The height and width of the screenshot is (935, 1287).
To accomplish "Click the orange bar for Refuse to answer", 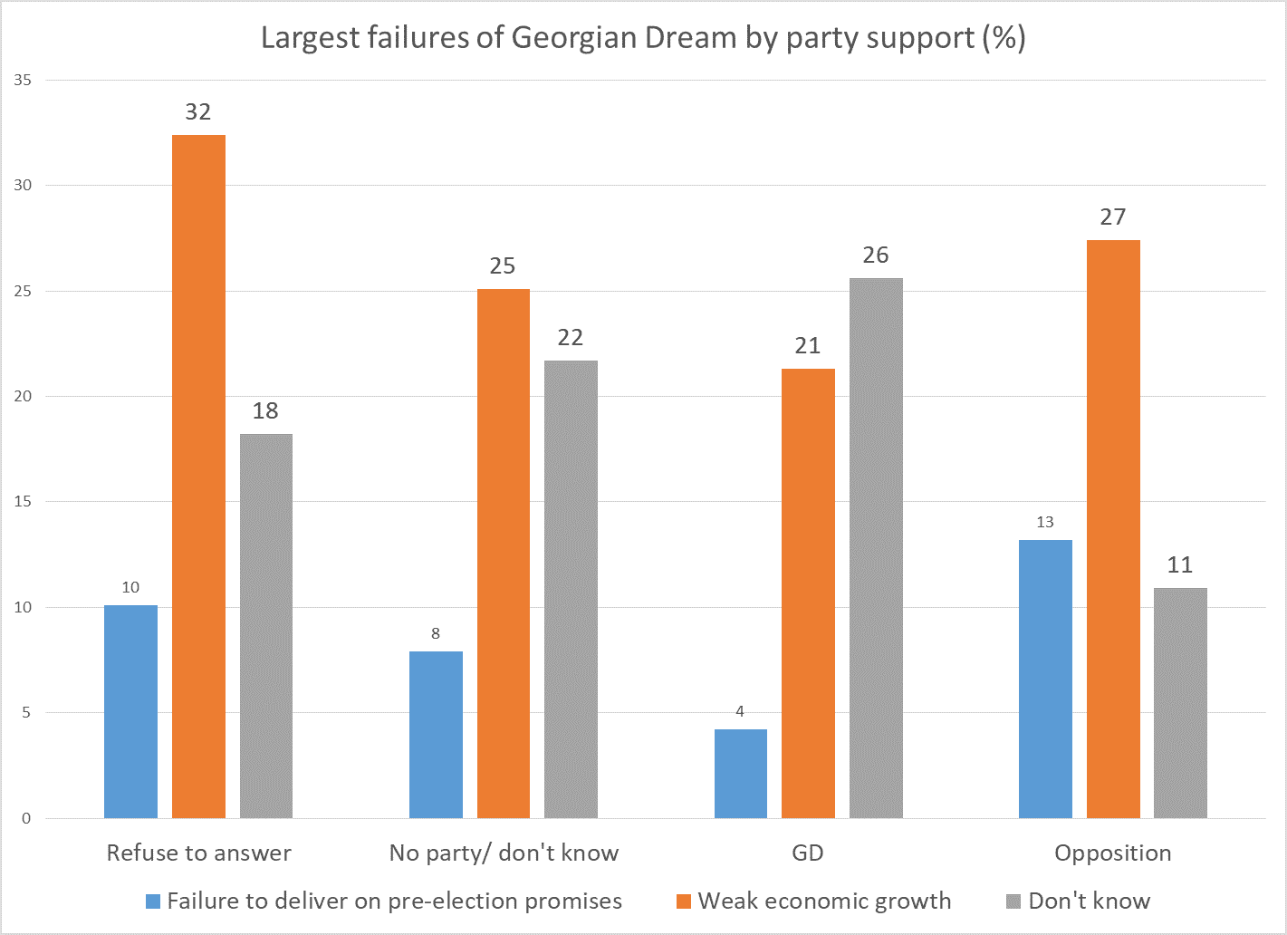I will [x=198, y=477].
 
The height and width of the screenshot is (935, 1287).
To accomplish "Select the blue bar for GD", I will [x=740, y=774].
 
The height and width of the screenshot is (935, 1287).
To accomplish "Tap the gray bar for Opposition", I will [x=1180, y=703].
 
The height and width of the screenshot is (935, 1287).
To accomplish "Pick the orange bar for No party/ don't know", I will [x=503, y=554].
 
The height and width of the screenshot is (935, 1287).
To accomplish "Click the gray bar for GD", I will [x=876, y=548].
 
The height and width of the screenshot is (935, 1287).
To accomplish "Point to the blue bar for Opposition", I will [x=1045, y=680].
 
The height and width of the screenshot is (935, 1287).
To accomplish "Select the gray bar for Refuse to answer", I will [x=265, y=626].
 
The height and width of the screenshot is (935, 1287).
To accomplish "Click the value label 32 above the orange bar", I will [x=198, y=112].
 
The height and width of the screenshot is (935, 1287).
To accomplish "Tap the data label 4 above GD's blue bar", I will [x=740, y=712].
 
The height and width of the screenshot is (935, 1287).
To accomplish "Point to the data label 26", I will [x=876, y=255].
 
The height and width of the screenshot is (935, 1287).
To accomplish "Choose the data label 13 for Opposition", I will [x=1045, y=523].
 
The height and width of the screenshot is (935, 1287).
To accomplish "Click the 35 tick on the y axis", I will [x=23, y=81].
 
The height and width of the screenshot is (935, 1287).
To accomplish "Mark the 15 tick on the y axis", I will [x=23, y=502].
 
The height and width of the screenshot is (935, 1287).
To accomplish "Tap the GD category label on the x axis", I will [x=808, y=853].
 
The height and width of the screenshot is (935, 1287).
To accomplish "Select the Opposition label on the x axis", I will [x=1112, y=853].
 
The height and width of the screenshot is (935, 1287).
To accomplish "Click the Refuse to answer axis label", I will [x=199, y=853].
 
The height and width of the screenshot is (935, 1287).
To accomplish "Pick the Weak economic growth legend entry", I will [x=824, y=901].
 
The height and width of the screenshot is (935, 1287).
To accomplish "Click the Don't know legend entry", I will [x=1089, y=901].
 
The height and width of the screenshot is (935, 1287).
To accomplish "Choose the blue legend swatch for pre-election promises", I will [x=153, y=901].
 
